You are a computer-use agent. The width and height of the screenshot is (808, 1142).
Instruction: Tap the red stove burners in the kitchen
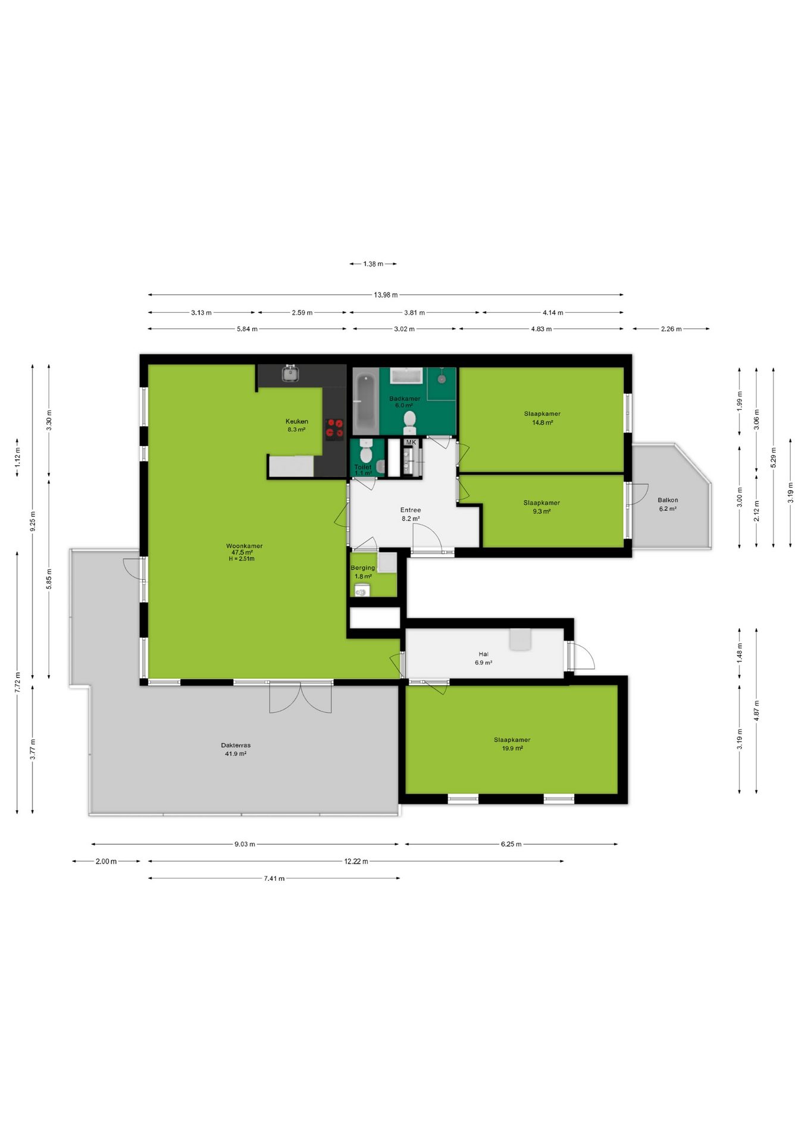[x=334, y=429]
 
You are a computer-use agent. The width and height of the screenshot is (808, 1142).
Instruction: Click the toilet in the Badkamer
[x=409, y=422]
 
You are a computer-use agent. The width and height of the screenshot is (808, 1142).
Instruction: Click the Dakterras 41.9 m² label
[x=236, y=749]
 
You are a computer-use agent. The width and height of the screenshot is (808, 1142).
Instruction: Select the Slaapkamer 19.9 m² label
[x=512, y=744]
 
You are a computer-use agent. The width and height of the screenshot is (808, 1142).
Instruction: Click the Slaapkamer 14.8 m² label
[x=542, y=418]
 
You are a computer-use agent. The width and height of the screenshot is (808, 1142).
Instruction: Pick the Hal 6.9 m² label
[x=483, y=658]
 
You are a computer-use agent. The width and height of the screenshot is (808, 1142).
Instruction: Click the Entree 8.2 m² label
[x=411, y=514]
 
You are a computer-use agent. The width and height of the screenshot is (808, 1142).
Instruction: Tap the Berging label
[x=362, y=567]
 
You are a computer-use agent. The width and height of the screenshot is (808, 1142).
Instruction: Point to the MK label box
[x=411, y=443]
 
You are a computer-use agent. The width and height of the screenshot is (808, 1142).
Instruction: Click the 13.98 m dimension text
[x=386, y=294]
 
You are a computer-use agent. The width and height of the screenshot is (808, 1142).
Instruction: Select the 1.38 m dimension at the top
[x=373, y=263]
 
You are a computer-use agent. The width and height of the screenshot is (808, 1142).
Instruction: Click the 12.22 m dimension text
[x=356, y=861]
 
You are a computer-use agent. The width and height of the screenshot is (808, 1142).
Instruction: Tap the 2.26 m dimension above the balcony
[x=671, y=328]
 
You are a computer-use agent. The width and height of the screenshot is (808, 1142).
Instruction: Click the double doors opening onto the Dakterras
[x=300, y=697]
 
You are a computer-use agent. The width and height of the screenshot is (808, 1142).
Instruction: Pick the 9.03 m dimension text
[x=245, y=843]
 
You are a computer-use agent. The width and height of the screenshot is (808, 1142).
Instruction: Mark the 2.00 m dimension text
[x=106, y=861]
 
